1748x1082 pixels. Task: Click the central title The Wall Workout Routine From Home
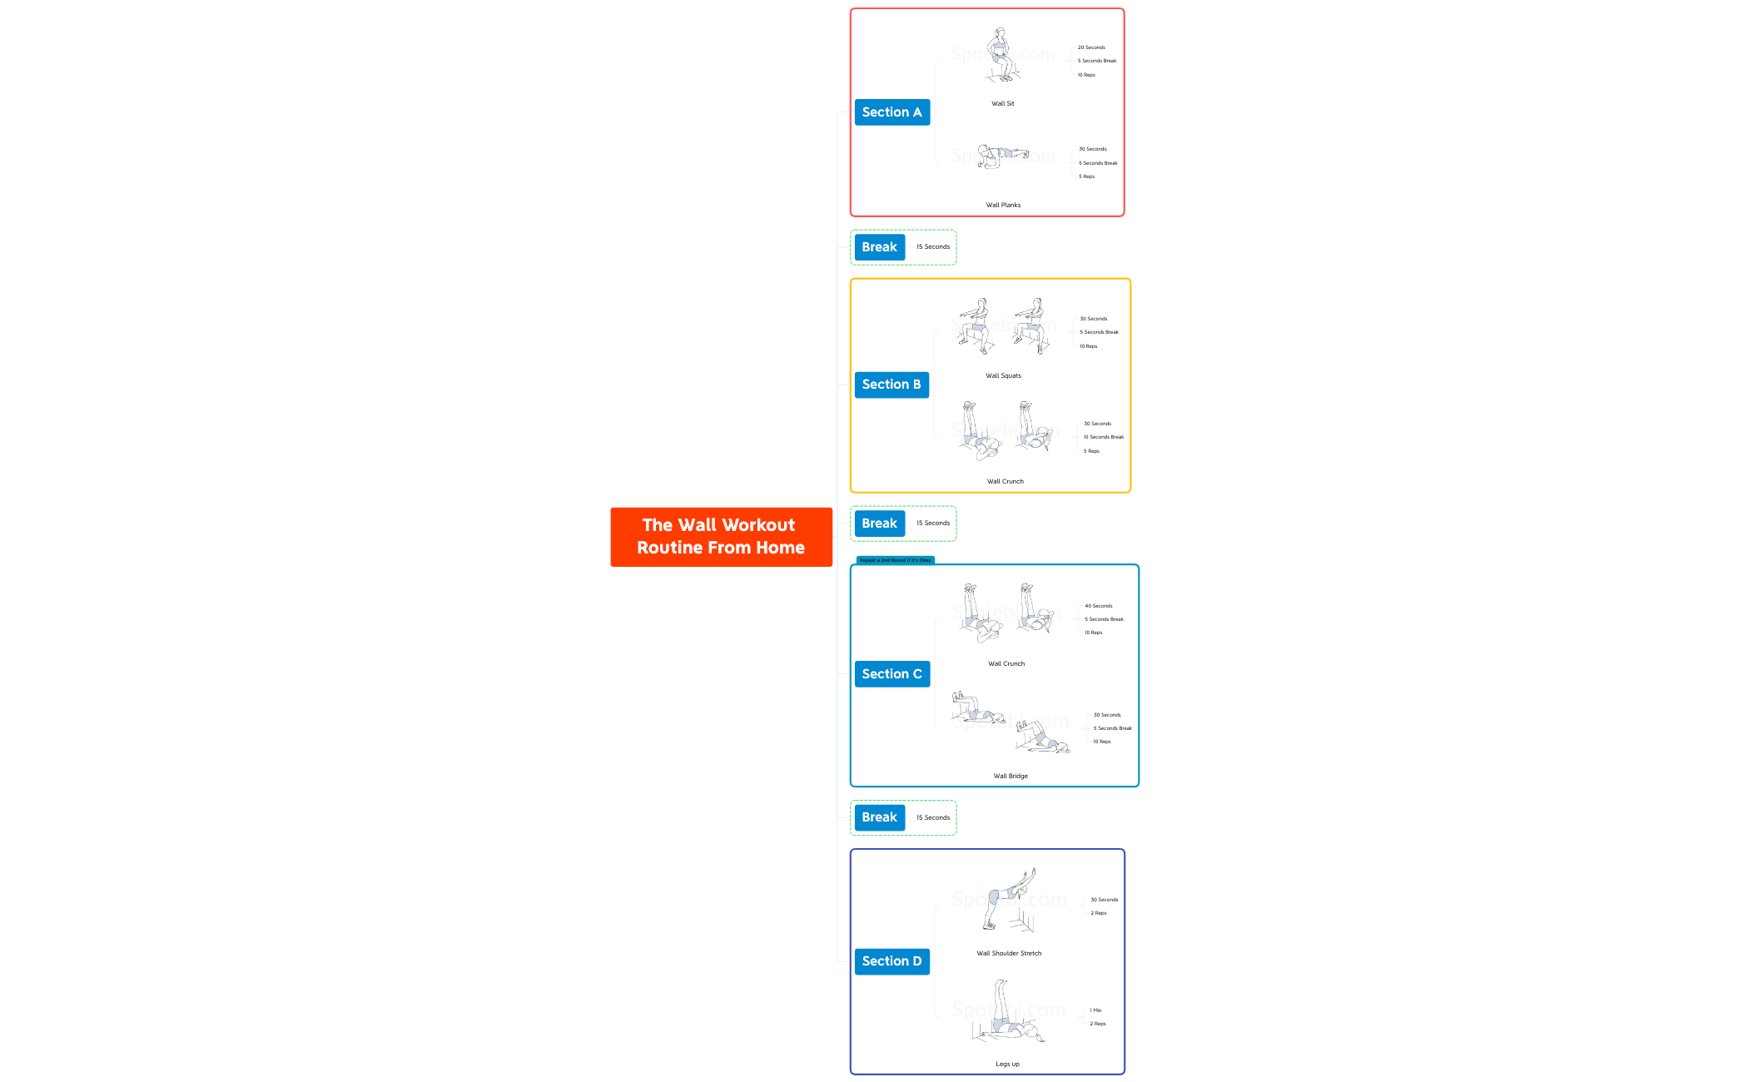pos(721,537)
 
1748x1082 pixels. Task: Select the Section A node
pos(891,112)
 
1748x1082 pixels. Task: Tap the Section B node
pos(891,385)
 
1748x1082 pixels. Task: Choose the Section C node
pos(891,674)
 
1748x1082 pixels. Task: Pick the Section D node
pos(891,961)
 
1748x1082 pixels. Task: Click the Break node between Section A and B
pos(879,247)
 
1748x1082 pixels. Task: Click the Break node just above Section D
pos(879,817)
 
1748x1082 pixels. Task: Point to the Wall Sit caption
pos(1002,104)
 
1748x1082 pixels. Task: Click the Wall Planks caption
pos(1003,205)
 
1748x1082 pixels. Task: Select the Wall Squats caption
pos(1003,376)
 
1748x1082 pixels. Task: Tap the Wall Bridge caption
pos(1011,776)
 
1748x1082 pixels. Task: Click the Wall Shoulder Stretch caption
pos(1009,954)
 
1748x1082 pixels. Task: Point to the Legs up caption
pos(1007,1064)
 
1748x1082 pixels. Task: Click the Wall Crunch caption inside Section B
pos(1006,481)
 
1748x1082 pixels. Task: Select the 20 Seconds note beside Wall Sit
pos(1091,47)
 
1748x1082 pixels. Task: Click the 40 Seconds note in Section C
pos(1098,606)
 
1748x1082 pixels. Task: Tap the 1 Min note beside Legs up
pos(1095,1010)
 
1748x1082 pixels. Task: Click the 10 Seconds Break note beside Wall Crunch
pos(1103,437)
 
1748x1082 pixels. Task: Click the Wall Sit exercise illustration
pos(1001,55)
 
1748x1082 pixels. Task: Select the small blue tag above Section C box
pos(895,560)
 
